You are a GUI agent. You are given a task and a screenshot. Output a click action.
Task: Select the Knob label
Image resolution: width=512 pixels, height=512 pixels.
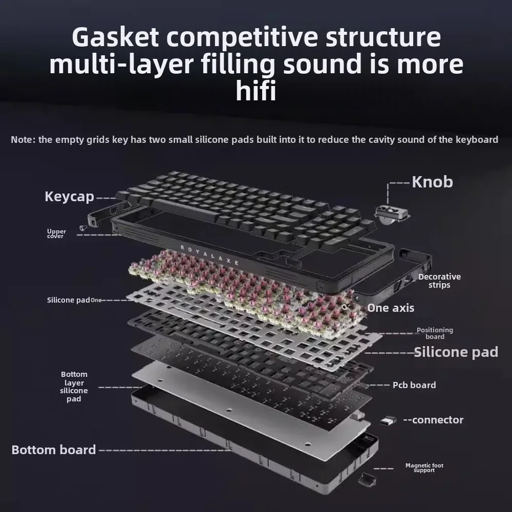coord(432,182)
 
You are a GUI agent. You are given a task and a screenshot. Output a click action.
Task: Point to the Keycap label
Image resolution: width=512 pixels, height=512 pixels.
coord(70,197)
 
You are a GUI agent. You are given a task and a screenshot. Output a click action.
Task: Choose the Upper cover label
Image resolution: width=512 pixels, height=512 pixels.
coord(56,233)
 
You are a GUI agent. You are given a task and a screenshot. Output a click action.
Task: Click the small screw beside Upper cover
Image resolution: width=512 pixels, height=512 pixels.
coord(82,228)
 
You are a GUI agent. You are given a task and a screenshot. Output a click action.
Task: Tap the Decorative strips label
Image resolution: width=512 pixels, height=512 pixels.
coord(439,281)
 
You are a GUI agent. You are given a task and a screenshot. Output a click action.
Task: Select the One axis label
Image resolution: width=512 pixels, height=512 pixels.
coord(391,308)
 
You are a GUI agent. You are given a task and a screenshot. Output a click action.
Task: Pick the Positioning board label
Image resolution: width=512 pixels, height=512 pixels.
coord(435,333)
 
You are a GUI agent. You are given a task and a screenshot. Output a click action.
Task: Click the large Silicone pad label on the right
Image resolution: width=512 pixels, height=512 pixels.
coord(456,352)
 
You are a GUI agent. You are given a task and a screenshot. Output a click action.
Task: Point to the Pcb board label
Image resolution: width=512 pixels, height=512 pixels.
coord(414,385)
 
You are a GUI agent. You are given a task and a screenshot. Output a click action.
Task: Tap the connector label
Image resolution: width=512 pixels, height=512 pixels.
coord(433,420)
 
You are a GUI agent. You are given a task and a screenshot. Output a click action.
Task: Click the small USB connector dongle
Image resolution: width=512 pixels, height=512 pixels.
coord(388,420)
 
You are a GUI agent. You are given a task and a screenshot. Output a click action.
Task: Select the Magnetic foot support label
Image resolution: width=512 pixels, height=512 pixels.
coord(424,467)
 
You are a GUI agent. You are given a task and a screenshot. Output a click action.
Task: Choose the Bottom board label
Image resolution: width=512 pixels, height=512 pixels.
coord(54,450)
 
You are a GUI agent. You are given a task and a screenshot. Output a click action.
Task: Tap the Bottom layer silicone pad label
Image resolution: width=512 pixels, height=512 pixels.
coord(74,387)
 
